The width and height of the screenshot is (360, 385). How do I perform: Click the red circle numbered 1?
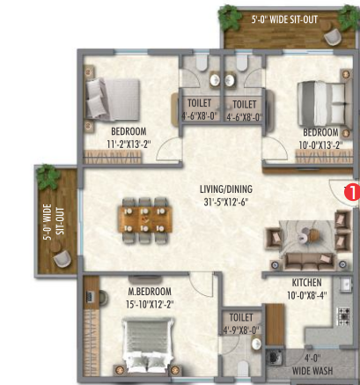click(x=353, y=192)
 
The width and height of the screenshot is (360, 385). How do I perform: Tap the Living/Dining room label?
click(x=226, y=189)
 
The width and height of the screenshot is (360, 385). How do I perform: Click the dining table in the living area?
click(x=145, y=219)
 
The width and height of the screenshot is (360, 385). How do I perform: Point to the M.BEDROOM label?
click(x=150, y=292)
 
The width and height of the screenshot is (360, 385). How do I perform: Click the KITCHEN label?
click(x=306, y=283)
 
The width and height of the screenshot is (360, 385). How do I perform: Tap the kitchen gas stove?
click(x=343, y=315)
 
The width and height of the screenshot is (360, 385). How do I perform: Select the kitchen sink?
click(x=346, y=285)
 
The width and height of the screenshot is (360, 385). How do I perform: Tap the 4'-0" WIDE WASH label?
click(x=312, y=365)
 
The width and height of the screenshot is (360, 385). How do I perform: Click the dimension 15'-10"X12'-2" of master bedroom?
click(x=150, y=304)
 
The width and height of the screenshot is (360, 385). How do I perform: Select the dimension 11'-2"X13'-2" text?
click(x=129, y=144)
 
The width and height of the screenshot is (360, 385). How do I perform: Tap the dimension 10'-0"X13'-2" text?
click(x=321, y=145)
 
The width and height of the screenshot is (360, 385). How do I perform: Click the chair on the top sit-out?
click(x=333, y=36)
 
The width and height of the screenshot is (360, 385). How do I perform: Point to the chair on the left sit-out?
click(x=62, y=258)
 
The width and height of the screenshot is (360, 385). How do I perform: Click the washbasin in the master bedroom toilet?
click(x=256, y=344)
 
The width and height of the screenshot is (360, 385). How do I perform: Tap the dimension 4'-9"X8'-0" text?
click(x=241, y=330)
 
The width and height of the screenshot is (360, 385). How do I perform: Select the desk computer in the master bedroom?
click(x=91, y=297)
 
